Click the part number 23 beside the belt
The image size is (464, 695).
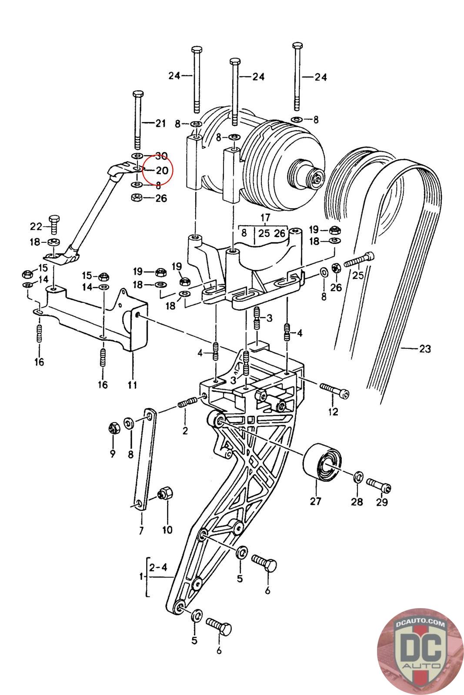(x=425, y=349)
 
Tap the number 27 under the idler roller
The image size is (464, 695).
(x=315, y=501)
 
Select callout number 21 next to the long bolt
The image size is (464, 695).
(x=160, y=123)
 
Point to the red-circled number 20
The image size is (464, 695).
(x=162, y=170)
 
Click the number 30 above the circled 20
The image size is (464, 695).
(x=161, y=156)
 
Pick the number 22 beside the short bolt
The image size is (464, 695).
(x=36, y=226)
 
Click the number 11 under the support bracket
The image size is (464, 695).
(x=132, y=385)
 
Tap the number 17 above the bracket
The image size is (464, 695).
(x=265, y=217)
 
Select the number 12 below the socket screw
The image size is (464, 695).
(x=333, y=412)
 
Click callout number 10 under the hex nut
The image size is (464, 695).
(x=167, y=530)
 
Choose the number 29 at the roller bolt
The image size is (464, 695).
(x=382, y=502)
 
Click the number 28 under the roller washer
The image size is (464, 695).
(x=357, y=501)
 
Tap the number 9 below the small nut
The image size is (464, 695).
(x=113, y=453)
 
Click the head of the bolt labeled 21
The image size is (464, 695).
(x=138, y=93)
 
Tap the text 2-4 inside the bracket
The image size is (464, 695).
(x=158, y=567)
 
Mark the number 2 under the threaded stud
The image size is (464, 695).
(x=185, y=430)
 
